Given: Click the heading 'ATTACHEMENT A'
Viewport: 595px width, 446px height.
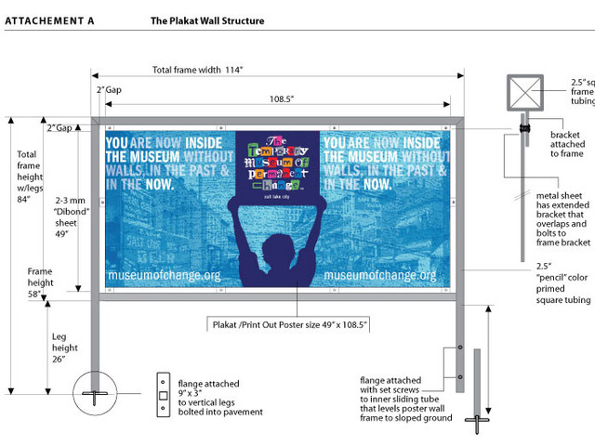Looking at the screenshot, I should point(52,20).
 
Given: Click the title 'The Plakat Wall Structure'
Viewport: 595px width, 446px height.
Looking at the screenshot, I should point(206,20).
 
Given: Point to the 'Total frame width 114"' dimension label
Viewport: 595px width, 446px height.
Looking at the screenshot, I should point(203,70).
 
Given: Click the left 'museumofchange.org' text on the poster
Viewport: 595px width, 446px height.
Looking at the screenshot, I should point(164,276).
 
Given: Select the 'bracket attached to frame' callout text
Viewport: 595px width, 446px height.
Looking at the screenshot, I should point(562,145).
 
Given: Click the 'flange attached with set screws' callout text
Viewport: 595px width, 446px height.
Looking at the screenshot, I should point(407,399).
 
